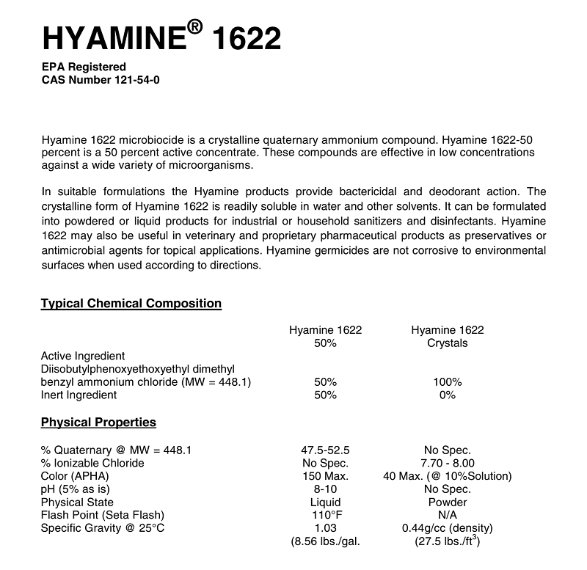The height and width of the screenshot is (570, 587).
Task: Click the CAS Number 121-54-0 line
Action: (x=101, y=80)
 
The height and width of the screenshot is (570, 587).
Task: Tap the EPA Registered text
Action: (x=84, y=67)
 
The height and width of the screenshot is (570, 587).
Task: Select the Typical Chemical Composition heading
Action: (x=131, y=303)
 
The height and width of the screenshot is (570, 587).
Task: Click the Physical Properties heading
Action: (x=98, y=422)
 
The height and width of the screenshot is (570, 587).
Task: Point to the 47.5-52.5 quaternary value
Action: (x=325, y=450)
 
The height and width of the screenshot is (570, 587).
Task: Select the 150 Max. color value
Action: (x=325, y=476)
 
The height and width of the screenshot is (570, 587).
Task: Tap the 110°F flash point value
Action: (x=325, y=516)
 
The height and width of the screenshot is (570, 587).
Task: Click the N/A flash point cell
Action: (x=447, y=516)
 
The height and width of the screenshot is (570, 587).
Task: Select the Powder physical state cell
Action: (x=447, y=503)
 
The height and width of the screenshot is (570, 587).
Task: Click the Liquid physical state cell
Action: (x=325, y=503)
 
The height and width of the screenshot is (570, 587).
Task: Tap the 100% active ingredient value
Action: (x=447, y=382)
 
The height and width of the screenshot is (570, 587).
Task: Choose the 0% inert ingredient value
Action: (x=447, y=395)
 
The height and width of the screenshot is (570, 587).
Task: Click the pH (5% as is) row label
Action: (x=77, y=489)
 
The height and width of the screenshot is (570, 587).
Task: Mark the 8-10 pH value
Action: (x=325, y=489)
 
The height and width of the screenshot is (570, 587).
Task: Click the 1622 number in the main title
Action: (x=246, y=37)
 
